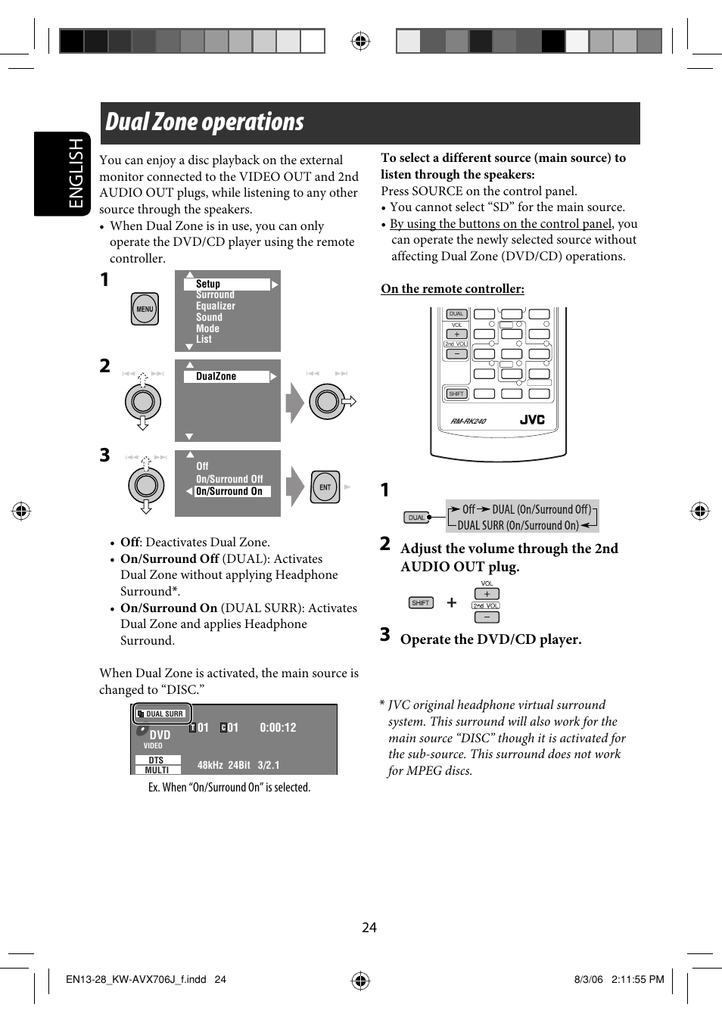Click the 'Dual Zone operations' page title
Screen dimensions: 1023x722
point(204,123)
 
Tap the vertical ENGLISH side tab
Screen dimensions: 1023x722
point(76,173)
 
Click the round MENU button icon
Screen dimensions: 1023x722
point(145,309)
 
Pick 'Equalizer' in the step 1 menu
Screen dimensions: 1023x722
point(215,306)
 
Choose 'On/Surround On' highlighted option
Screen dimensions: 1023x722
point(229,491)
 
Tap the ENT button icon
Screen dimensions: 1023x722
point(325,487)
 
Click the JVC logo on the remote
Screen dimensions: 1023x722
point(532,420)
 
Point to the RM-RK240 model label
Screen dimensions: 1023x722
point(468,421)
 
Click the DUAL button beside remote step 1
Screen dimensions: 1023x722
point(416,518)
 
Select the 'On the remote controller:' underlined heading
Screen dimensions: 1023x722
point(452,289)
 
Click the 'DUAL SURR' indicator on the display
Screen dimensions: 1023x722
point(163,714)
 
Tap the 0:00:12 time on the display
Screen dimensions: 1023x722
point(278,728)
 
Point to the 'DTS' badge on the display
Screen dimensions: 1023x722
point(157,760)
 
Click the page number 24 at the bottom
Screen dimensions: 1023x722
point(369,928)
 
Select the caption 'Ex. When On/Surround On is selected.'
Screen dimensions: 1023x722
point(229,788)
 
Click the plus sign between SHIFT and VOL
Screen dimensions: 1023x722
point(452,602)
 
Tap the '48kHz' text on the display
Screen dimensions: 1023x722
point(210,765)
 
